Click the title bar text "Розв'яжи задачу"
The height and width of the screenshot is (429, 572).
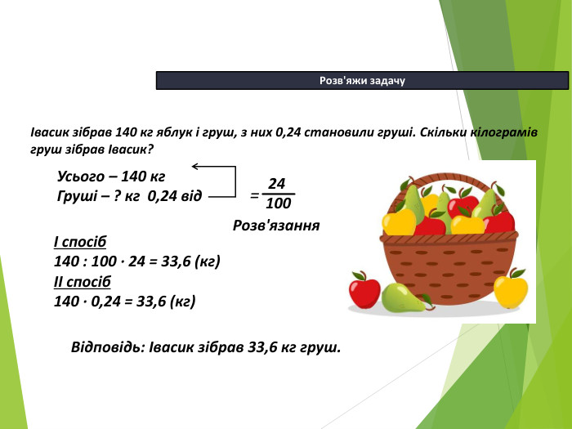pos(362,80)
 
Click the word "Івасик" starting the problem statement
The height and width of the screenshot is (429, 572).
pos(50,132)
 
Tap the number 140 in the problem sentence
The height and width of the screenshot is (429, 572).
pos(127,132)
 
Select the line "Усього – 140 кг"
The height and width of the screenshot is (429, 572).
pos(111,177)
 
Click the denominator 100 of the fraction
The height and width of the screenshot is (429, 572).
pos(279,203)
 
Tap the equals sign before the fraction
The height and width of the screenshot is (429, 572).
pos(254,196)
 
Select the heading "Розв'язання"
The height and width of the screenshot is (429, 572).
pos(275,225)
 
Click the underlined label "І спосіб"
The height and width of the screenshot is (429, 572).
pos(79,243)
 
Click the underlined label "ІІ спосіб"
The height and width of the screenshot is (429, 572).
pos(82,282)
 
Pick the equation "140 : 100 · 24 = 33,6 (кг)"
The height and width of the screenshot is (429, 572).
pos(137,262)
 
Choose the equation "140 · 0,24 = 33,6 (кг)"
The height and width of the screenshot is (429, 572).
pos(124,302)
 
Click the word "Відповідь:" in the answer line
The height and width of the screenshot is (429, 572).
pos(107,347)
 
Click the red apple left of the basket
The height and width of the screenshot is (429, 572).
pos(364,288)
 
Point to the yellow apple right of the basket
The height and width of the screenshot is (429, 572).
pos(510,290)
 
